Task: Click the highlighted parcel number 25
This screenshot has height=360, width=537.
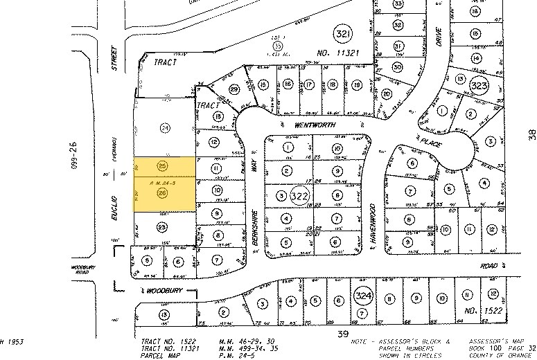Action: (162, 166)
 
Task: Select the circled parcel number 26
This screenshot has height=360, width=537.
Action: (162, 195)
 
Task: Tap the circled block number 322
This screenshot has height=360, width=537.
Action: (299, 195)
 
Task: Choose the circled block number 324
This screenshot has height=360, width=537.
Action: (362, 296)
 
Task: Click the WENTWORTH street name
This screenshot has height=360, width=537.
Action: (315, 125)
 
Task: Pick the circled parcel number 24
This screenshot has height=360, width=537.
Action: (164, 127)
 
